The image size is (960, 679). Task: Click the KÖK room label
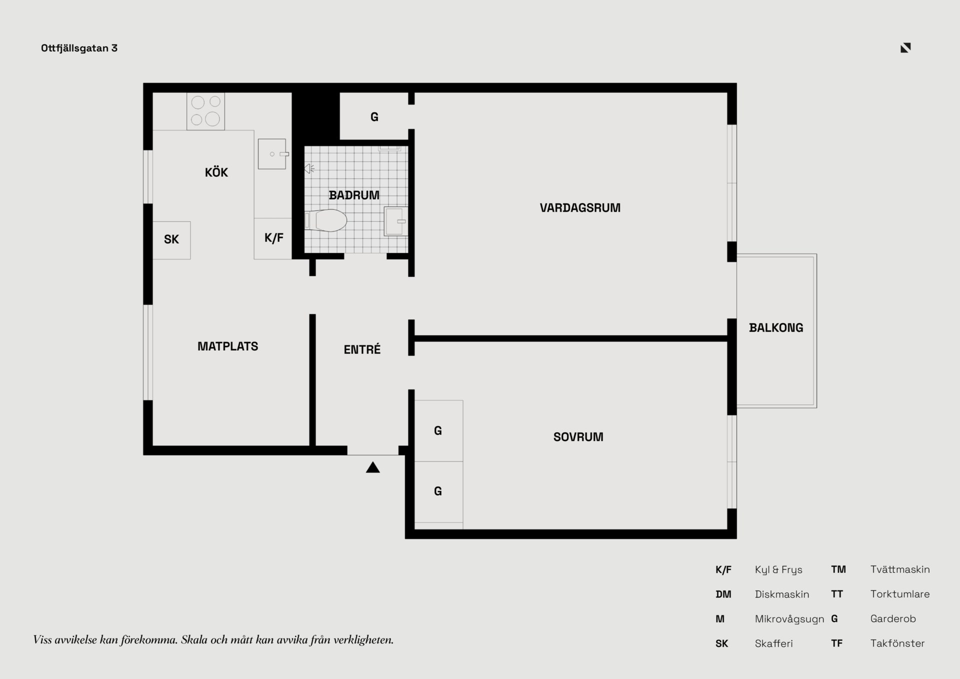[x=216, y=172]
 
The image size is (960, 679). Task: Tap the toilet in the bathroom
[x=326, y=220]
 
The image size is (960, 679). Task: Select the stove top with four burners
[x=205, y=111]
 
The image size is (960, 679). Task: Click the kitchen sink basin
[x=272, y=154]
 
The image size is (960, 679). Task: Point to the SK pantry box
[x=171, y=240]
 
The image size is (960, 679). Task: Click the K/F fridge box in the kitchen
[x=273, y=239]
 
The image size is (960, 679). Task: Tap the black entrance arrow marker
[x=373, y=467]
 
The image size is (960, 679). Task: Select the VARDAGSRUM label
[x=580, y=208]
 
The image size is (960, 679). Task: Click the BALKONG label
[x=776, y=328]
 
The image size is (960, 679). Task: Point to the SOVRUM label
[x=578, y=437]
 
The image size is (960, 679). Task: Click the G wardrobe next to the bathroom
[x=374, y=117]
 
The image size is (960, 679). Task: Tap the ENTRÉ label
[x=362, y=349]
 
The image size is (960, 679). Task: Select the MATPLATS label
[x=227, y=346]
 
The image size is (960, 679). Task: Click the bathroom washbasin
[x=395, y=221]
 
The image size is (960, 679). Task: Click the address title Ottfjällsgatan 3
[x=79, y=48]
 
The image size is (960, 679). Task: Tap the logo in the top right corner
[x=905, y=48]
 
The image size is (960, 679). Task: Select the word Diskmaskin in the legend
[x=782, y=594]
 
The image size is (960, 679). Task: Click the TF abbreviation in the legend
[x=836, y=643]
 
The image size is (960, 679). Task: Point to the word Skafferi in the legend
[x=774, y=643]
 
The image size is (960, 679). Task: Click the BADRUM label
[x=354, y=195]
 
